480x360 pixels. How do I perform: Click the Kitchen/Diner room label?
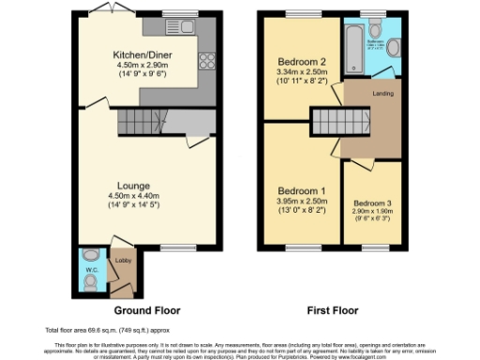point(148,54)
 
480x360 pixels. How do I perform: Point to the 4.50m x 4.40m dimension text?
point(142,196)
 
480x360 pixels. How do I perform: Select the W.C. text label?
point(92,271)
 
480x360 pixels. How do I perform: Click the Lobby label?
point(121,261)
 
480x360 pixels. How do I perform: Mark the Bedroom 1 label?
point(299,191)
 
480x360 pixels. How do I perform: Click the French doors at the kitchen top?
point(102,8)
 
